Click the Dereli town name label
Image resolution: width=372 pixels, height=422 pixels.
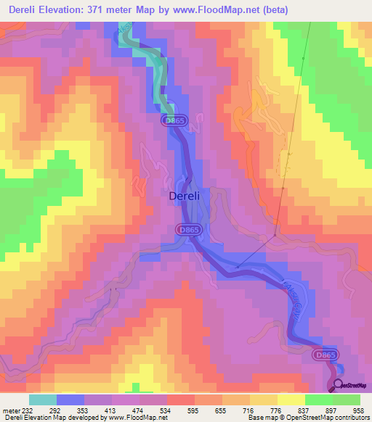[x=189, y=196]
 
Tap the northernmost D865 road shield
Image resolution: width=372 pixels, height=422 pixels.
[x=175, y=120]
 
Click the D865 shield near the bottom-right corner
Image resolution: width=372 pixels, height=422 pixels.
[x=325, y=355]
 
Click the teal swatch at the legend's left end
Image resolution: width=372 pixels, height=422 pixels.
[x=42, y=400]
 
